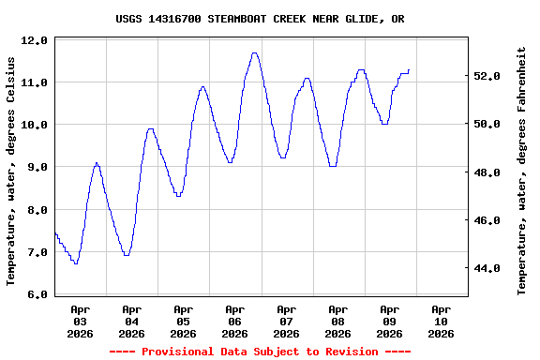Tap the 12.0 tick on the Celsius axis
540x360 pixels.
[36, 40]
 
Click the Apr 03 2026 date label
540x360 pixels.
[81, 321]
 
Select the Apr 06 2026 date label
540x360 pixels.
[235, 321]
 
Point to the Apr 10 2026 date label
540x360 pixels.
[442, 321]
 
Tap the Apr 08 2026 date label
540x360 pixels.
[338, 321]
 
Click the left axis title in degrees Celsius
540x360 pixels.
[11, 170]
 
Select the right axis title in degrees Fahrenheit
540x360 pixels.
[522, 170]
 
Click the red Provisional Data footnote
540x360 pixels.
[260, 352]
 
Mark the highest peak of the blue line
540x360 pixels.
[255, 53]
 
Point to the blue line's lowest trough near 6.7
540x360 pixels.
[75, 263]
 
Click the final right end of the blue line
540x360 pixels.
[409, 69]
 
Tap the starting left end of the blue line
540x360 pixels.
[55, 232]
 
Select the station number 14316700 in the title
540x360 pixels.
[175, 18]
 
